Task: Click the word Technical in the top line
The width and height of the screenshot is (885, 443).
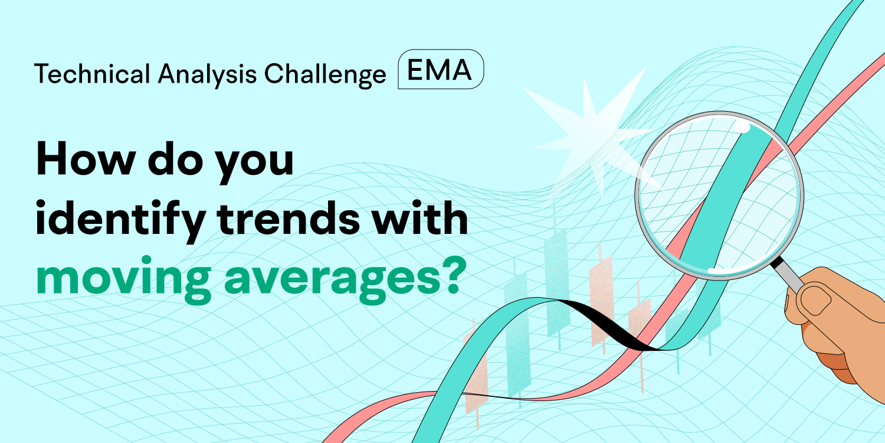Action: [x=92, y=74]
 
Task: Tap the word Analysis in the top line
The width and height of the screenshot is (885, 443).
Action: [x=208, y=74]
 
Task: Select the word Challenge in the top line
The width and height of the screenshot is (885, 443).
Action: [x=325, y=74]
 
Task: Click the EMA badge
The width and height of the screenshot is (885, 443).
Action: [x=441, y=69]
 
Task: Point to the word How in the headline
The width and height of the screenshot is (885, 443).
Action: [x=86, y=158]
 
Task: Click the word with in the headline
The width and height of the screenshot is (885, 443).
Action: [x=420, y=217]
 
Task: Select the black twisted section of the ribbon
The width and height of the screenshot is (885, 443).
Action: [x=608, y=324]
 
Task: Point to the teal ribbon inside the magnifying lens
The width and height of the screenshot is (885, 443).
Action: [x=723, y=198]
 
